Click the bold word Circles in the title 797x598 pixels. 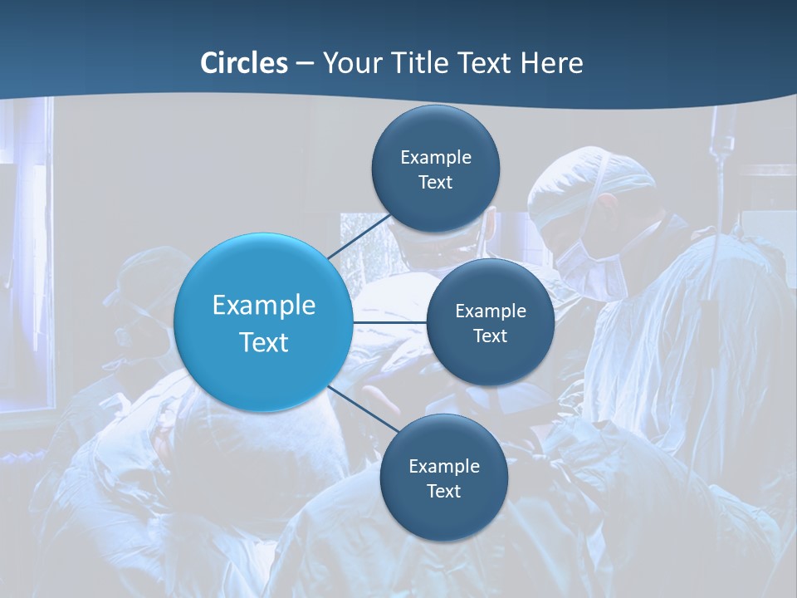[x=243, y=63]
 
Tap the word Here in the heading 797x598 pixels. [x=551, y=63]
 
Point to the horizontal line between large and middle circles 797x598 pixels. [x=389, y=322]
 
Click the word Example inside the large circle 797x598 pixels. [x=263, y=305]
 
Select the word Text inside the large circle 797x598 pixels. [x=263, y=342]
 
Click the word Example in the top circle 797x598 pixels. [x=435, y=157]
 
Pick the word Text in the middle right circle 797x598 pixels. [x=490, y=336]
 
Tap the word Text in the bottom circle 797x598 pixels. [x=443, y=491]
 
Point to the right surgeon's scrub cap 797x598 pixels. [x=591, y=179]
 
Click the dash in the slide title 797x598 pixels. [x=305, y=64]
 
